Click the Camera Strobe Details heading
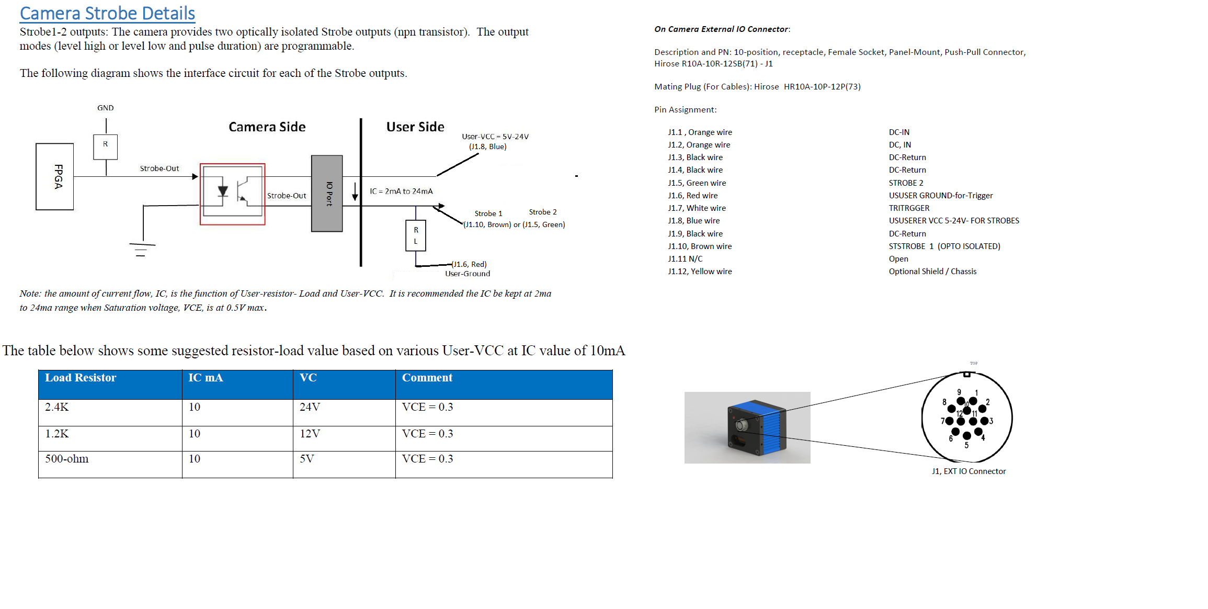point(107,14)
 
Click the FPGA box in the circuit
point(55,177)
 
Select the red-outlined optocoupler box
point(233,194)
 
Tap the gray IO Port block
point(327,194)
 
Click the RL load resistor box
point(416,235)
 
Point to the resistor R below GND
point(106,146)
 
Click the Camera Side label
point(267,127)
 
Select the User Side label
point(415,127)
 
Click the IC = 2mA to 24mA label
point(401,191)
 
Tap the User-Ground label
point(468,274)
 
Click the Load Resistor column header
point(81,378)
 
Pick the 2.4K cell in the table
point(56,407)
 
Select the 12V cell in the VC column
point(310,434)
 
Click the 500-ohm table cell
point(66,459)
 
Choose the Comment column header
point(427,378)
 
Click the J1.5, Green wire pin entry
point(697,183)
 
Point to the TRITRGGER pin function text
point(909,208)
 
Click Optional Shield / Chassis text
point(932,272)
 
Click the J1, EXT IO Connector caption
point(968,471)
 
